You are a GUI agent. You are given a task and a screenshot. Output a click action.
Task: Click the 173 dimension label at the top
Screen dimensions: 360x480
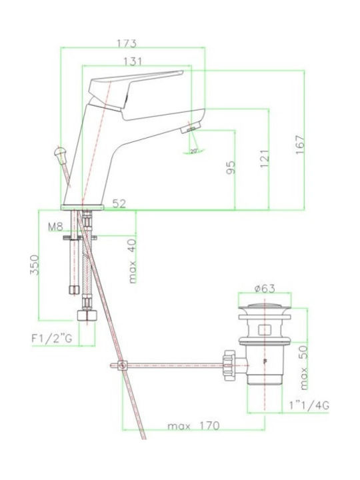point(127,43)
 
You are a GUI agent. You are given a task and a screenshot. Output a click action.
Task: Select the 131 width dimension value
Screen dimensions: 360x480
point(133,62)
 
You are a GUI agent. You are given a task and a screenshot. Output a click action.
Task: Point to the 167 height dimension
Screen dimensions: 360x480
point(300,145)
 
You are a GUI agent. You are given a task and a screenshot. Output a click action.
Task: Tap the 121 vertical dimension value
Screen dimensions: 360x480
point(265,159)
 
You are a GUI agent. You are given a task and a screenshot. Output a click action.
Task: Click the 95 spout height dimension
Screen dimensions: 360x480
point(231,167)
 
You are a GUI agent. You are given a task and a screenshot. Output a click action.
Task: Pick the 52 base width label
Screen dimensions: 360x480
point(119,203)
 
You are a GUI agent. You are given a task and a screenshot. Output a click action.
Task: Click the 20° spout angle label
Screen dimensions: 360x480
point(194,151)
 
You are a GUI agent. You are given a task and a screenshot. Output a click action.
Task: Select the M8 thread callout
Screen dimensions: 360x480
point(55,227)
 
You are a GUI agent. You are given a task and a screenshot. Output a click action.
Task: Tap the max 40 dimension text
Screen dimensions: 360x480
point(132,261)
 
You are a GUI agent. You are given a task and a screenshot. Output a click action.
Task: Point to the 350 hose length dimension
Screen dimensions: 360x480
point(34,265)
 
